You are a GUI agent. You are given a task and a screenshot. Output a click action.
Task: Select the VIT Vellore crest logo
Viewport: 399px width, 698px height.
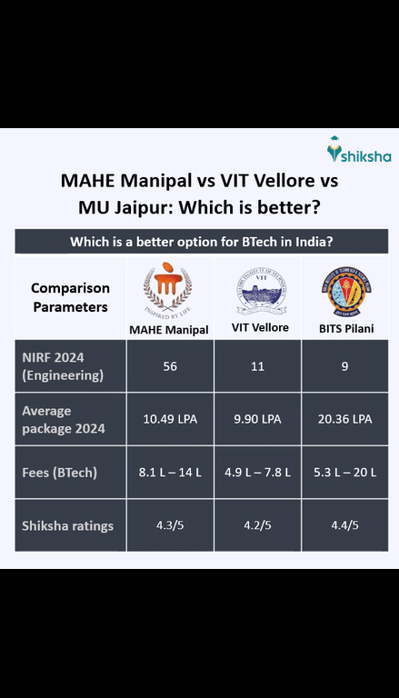[x=260, y=292]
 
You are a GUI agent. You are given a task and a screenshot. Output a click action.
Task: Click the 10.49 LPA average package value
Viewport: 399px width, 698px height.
[x=169, y=419]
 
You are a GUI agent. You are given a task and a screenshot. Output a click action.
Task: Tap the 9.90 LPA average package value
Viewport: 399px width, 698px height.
[x=259, y=419]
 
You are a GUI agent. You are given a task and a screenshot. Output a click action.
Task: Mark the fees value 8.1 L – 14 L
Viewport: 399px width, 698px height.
[x=169, y=473]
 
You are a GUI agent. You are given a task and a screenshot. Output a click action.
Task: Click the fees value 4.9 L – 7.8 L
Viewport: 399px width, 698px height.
[x=259, y=473]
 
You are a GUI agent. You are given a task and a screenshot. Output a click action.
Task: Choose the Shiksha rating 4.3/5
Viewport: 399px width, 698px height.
[x=169, y=524]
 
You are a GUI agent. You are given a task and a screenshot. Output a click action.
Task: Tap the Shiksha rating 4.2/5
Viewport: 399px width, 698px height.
[x=259, y=524]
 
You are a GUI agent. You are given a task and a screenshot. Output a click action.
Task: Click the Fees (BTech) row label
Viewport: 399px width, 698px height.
[x=59, y=473]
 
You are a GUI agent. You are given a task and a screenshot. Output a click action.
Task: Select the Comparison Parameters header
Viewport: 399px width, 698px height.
[x=70, y=297]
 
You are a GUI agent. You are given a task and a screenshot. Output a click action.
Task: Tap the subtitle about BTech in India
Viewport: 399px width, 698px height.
[x=200, y=242]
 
